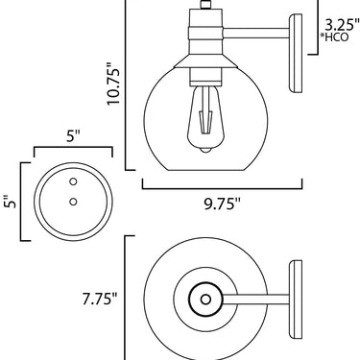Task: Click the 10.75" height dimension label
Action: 113,83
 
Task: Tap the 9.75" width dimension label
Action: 222,204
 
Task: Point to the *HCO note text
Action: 334,37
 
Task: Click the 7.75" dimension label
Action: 100,299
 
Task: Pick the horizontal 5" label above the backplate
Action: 73,136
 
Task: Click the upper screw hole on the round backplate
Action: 73,181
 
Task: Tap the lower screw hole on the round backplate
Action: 73,202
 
